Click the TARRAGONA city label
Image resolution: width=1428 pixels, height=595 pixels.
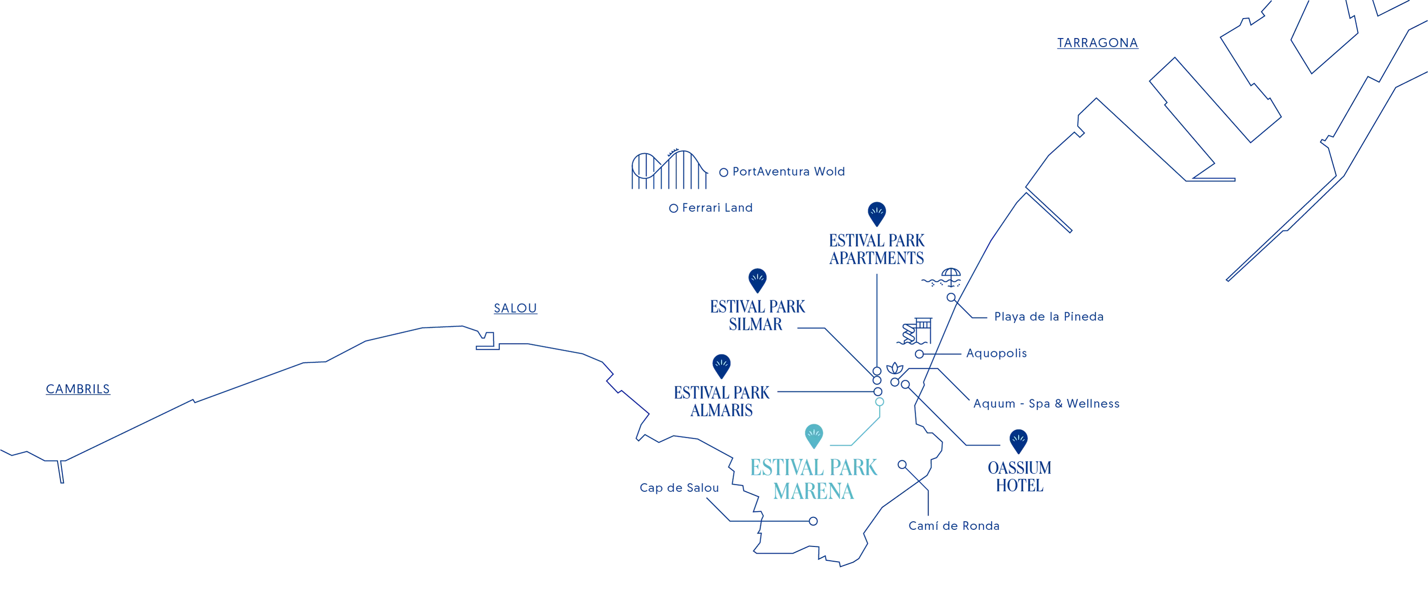1097,43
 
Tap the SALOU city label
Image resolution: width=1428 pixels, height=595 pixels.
516,308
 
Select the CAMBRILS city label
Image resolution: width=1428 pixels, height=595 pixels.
78,389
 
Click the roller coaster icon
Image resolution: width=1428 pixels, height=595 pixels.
670,169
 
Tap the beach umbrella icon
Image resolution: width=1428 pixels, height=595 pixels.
942,277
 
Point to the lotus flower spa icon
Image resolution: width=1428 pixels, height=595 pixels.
895,368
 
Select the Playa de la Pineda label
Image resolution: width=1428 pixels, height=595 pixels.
1049,317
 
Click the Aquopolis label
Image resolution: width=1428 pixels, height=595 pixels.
996,353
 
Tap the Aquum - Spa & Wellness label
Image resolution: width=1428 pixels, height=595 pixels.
1047,404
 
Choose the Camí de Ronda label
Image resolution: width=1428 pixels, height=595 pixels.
954,526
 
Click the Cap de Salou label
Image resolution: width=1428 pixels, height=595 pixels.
679,488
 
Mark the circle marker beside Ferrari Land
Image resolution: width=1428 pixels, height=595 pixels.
674,208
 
